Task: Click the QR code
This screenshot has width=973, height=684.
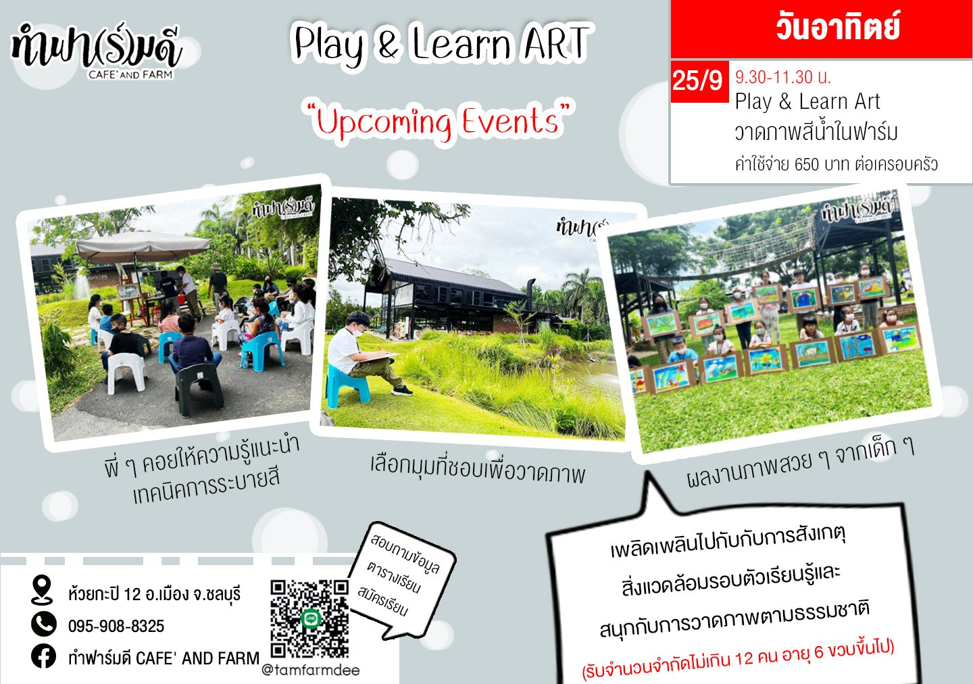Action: pos(309,618)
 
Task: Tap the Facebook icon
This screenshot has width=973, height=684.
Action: pos(44,656)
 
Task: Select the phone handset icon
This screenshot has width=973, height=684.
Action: pos(44,624)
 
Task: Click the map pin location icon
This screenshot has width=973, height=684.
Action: pos(42,590)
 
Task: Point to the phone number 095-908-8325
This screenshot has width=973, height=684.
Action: pos(116,626)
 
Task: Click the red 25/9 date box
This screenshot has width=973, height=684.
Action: pos(697,80)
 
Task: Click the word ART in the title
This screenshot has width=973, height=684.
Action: pos(555,44)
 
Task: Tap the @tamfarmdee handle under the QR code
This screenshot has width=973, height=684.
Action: pos(311,670)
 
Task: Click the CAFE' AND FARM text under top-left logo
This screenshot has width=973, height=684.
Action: pos(130,74)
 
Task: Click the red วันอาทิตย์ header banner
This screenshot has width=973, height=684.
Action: pos(821,28)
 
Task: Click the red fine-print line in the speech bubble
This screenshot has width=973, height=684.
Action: pos(738,659)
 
